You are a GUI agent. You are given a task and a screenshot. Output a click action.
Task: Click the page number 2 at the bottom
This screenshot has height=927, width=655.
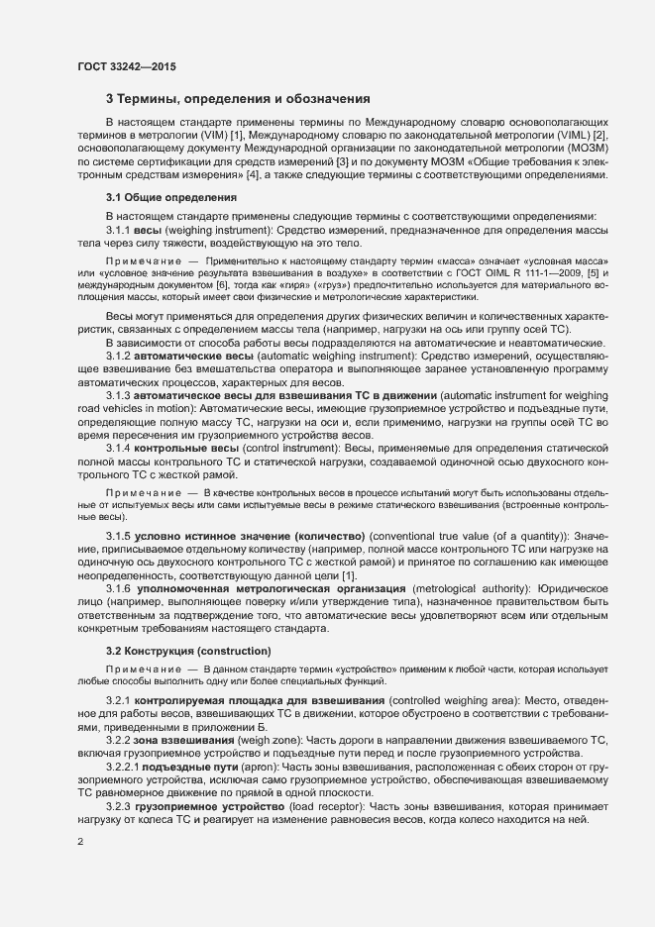coord(79,842)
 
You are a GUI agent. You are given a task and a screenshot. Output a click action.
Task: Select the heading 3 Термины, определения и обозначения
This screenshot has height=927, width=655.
coord(238,99)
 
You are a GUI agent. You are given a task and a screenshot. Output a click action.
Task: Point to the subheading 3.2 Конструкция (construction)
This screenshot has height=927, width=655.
coord(188,651)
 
